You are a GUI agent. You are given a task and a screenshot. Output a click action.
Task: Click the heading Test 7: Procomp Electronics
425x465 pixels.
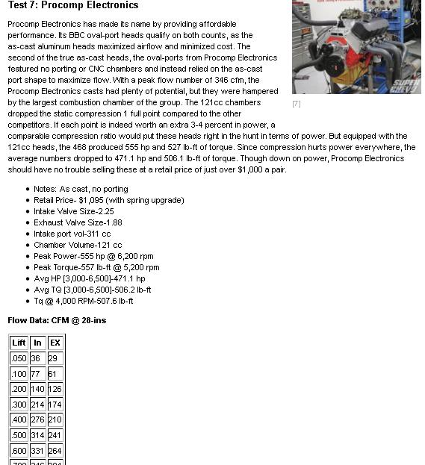(73, 6)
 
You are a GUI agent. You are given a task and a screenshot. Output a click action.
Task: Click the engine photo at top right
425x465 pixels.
(356, 46)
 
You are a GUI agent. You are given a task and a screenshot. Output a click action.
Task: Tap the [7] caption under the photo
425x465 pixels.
(297, 104)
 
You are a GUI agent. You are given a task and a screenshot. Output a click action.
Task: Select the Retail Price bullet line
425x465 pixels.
(108, 200)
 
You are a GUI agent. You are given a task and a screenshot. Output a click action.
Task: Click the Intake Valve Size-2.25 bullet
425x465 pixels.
(74, 211)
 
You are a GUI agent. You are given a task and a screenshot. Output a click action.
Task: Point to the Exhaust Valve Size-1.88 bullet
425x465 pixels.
(78, 222)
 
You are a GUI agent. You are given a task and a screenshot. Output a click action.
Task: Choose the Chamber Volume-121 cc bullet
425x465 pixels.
(78, 245)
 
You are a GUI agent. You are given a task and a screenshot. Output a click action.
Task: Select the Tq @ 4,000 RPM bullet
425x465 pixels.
(84, 301)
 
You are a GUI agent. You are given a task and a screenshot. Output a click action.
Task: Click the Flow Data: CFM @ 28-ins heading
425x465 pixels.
(57, 320)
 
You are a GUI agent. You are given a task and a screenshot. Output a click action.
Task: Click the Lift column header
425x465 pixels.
(19, 343)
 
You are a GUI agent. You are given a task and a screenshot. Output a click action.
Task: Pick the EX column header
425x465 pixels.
(55, 343)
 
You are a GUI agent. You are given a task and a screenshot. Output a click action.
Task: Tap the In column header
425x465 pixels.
(37, 343)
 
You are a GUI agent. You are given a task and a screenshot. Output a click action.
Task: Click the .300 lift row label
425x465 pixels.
(19, 405)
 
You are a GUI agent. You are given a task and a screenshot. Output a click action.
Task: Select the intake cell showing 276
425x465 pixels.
(37, 420)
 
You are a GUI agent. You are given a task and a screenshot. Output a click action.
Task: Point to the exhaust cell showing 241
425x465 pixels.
(55, 436)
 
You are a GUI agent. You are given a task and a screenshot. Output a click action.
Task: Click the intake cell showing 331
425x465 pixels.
(37, 451)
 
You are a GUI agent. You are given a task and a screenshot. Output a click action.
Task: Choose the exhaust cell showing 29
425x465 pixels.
(53, 358)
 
